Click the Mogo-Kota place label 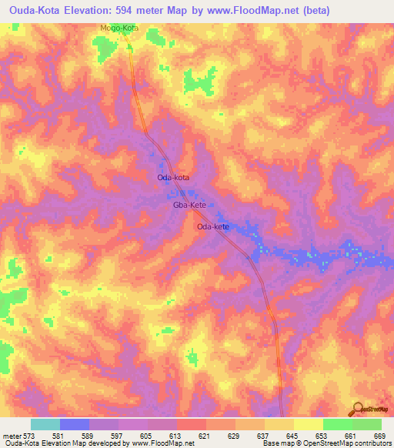(x=118, y=28)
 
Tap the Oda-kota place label (x=172, y=178)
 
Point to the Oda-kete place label (x=213, y=227)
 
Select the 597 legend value (x=119, y=435)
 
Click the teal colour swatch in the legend (x=45, y=424)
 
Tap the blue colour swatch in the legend (x=74, y=424)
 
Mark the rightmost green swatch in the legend (x=367, y=424)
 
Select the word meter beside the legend (x=12, y=435)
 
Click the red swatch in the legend (x=192, y=424)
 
